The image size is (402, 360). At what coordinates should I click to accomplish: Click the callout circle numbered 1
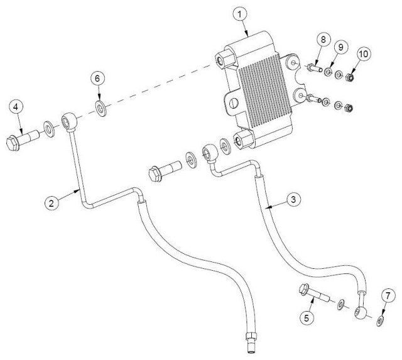pyautogui.click(x=240, y=14)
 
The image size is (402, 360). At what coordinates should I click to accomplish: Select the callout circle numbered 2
pyautogui.click(x=52, y=204)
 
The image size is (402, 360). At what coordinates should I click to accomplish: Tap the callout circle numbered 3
pyautogui.click(x=293, y=199)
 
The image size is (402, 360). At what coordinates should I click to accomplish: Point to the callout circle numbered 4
pyautogui.click(x=16, y=107)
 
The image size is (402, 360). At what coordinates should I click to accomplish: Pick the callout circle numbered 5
pyautogui.click(x=307, y=319)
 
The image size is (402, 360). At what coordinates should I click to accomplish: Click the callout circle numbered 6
pyautogui.click(x=97, y=79)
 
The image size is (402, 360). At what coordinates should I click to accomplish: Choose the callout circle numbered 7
pyautogui.click(x=388, y=296)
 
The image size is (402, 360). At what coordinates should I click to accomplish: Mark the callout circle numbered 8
pyautogui.click(x=323, y=40)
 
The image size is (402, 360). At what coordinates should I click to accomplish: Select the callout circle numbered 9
pyautogui.click(x=340, y=47)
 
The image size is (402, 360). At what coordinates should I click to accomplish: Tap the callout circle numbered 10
pyautogui.click(x=364, y=54)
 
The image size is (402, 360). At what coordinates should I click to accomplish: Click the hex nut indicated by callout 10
pyautogui.click(x=349, y=77)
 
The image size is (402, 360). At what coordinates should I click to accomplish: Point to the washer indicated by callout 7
pyautogui.click(x=380, y=321)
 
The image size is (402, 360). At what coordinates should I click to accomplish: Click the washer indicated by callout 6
pyautogui.click(x=101, y=109)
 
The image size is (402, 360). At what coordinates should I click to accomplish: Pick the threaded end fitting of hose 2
pyautogui.click(x=251, y=342)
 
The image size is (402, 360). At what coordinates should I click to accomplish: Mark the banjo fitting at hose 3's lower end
pyautogui.click(x=362, y=312)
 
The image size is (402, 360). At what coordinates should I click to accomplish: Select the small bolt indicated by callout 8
pyautogui.click(x=314, y=68)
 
